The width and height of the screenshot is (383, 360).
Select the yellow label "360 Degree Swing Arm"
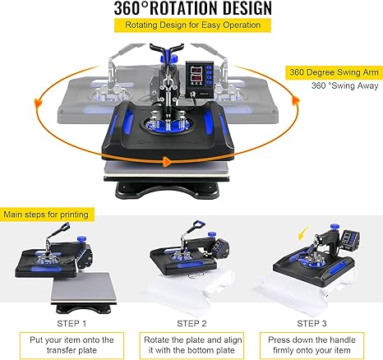pos(332,72)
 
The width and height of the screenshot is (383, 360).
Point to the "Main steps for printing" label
pos(49,215)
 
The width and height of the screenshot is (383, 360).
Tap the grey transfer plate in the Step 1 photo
pos(76,279)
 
